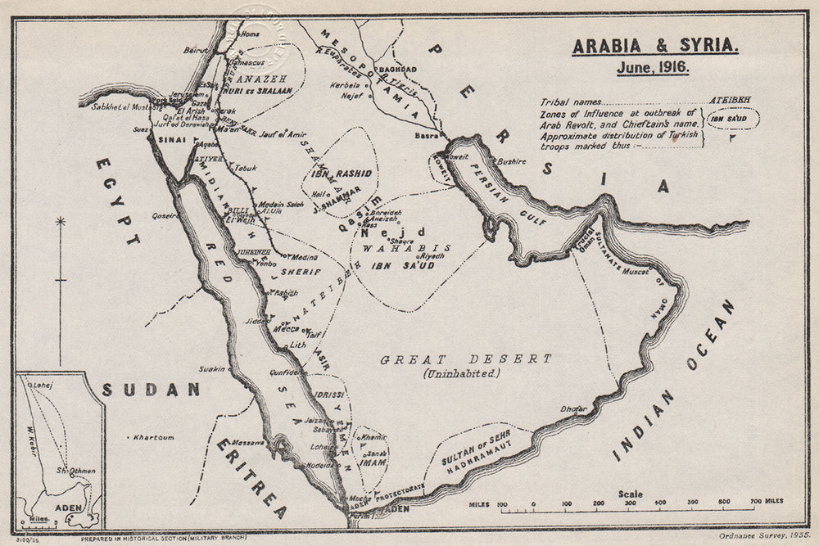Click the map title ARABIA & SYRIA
654,46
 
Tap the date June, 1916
653,68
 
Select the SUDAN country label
152,390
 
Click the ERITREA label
253,478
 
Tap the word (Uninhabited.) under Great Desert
461,373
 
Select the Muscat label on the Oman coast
634,269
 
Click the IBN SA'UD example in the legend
733,120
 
